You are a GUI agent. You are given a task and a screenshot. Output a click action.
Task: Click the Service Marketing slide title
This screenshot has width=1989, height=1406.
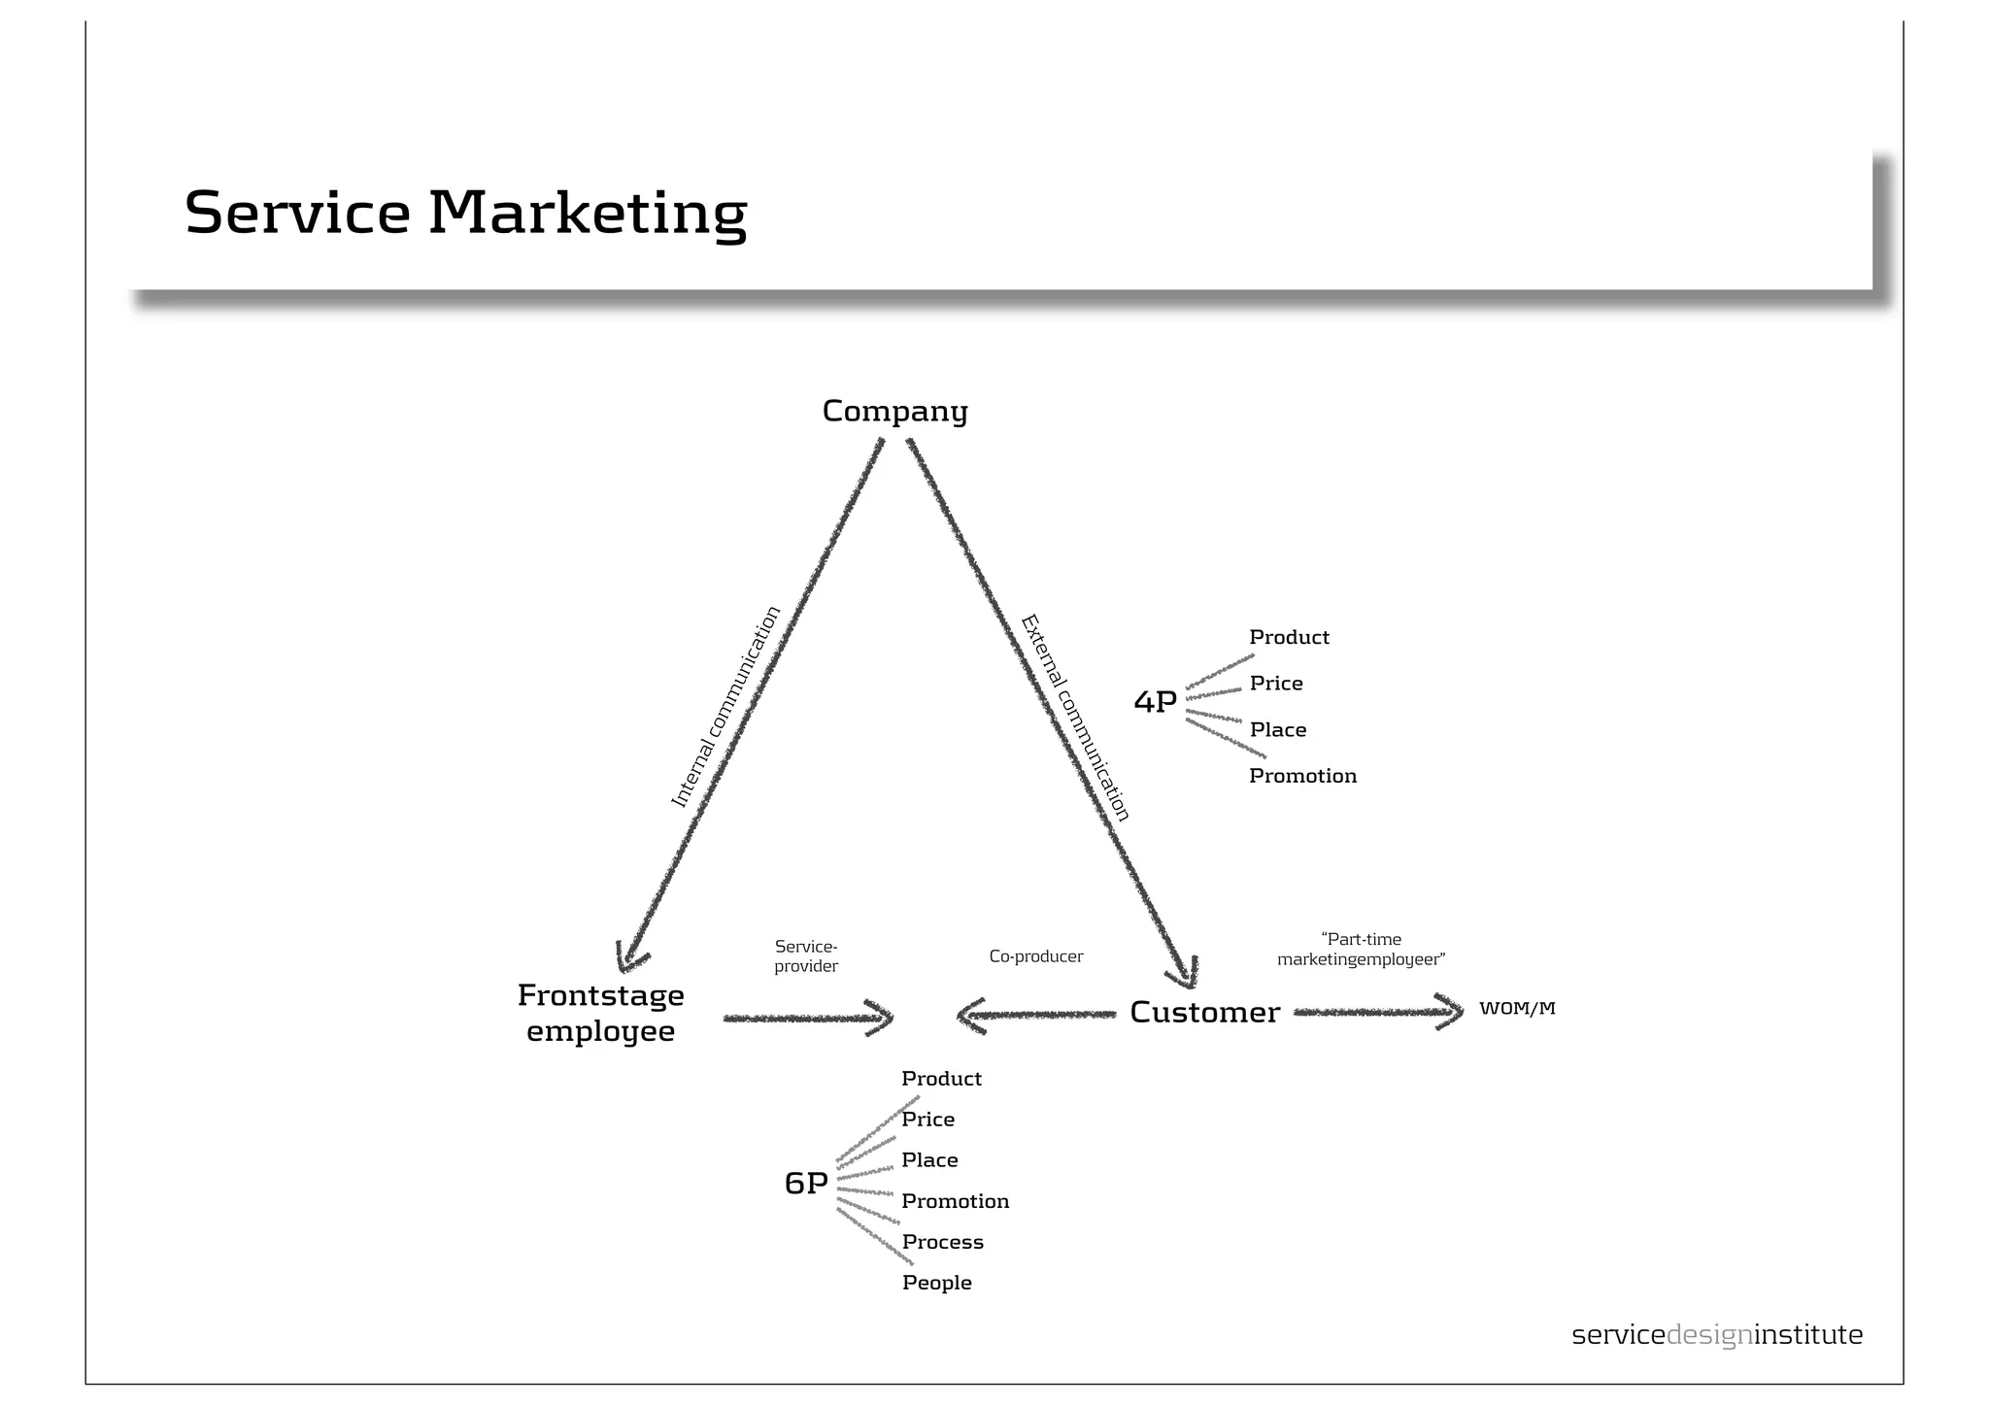coord(465,212)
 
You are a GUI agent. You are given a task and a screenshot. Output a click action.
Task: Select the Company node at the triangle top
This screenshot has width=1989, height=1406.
coord(894,411)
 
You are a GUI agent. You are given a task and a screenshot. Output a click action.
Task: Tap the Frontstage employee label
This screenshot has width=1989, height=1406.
coord(600,1013)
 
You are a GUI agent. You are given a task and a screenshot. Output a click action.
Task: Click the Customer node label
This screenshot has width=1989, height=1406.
coord(1204,1013)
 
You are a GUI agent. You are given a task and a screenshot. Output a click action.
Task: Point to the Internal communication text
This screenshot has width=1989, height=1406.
coord(725,707)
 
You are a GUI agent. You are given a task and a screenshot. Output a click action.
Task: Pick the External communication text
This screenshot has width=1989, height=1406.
coord(1075,718)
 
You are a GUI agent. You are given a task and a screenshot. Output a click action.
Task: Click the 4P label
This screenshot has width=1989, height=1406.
coord(1155,701)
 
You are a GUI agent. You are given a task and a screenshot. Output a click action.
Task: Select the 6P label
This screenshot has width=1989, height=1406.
coord(805,1183)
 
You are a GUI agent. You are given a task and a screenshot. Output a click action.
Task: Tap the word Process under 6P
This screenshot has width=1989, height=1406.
coord(942,1242)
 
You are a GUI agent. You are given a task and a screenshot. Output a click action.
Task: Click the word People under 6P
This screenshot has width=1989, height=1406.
coord(936,1283)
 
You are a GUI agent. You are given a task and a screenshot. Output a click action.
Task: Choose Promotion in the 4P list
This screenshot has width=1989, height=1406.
coord(1302,776)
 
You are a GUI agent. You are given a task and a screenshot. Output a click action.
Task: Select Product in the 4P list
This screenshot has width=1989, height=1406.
coord(1289,637)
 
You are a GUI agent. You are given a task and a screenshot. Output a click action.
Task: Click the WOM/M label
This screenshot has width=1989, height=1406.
coord(1516,1009)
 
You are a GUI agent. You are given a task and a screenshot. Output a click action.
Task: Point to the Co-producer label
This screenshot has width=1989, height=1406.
coord(1035,956)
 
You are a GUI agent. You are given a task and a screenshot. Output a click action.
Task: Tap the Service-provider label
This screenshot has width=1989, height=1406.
coord(806,956)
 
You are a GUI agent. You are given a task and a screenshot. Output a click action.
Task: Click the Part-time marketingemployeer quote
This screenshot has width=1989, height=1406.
coord(1361,950)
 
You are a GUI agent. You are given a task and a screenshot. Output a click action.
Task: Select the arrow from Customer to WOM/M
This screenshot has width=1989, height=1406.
coord(1378,1012)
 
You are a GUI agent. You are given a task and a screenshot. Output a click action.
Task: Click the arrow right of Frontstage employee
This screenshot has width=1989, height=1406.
coord(807,1019)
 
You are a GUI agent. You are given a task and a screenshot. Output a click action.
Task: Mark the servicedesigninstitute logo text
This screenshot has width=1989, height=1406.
coord(1716,1335)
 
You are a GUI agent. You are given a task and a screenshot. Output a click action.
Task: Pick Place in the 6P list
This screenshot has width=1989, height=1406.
coord(929,1160)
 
